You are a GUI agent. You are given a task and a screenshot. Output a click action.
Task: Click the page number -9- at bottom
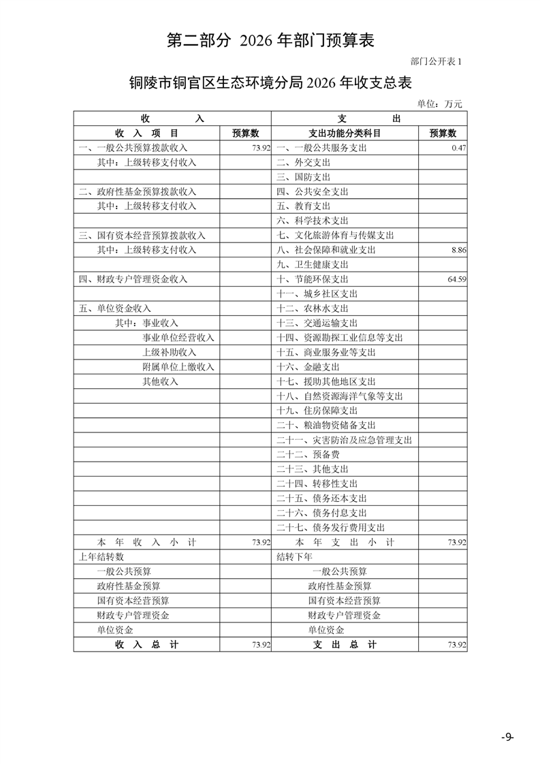point(507,737)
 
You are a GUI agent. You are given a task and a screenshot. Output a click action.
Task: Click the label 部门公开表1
point(436,61)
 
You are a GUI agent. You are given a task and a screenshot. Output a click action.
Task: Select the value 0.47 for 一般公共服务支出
point(458,148)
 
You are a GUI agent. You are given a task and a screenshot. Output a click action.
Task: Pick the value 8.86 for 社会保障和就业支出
point(458,250)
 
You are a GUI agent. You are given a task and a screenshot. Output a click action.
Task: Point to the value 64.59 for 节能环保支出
point(456,279)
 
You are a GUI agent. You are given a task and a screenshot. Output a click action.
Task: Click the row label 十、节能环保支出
point(313,279)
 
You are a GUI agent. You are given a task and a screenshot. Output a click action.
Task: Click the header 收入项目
point(146,133)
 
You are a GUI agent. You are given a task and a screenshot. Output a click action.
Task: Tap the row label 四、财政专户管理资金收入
point(133,279)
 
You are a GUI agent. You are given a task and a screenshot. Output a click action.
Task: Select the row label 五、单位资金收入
point(115,308)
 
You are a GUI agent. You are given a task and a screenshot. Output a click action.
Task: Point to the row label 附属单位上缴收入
point(178,367)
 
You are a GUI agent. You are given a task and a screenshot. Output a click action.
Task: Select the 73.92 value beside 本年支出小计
point(456,542)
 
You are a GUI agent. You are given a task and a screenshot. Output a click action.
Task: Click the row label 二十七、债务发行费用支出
point(331,527)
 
